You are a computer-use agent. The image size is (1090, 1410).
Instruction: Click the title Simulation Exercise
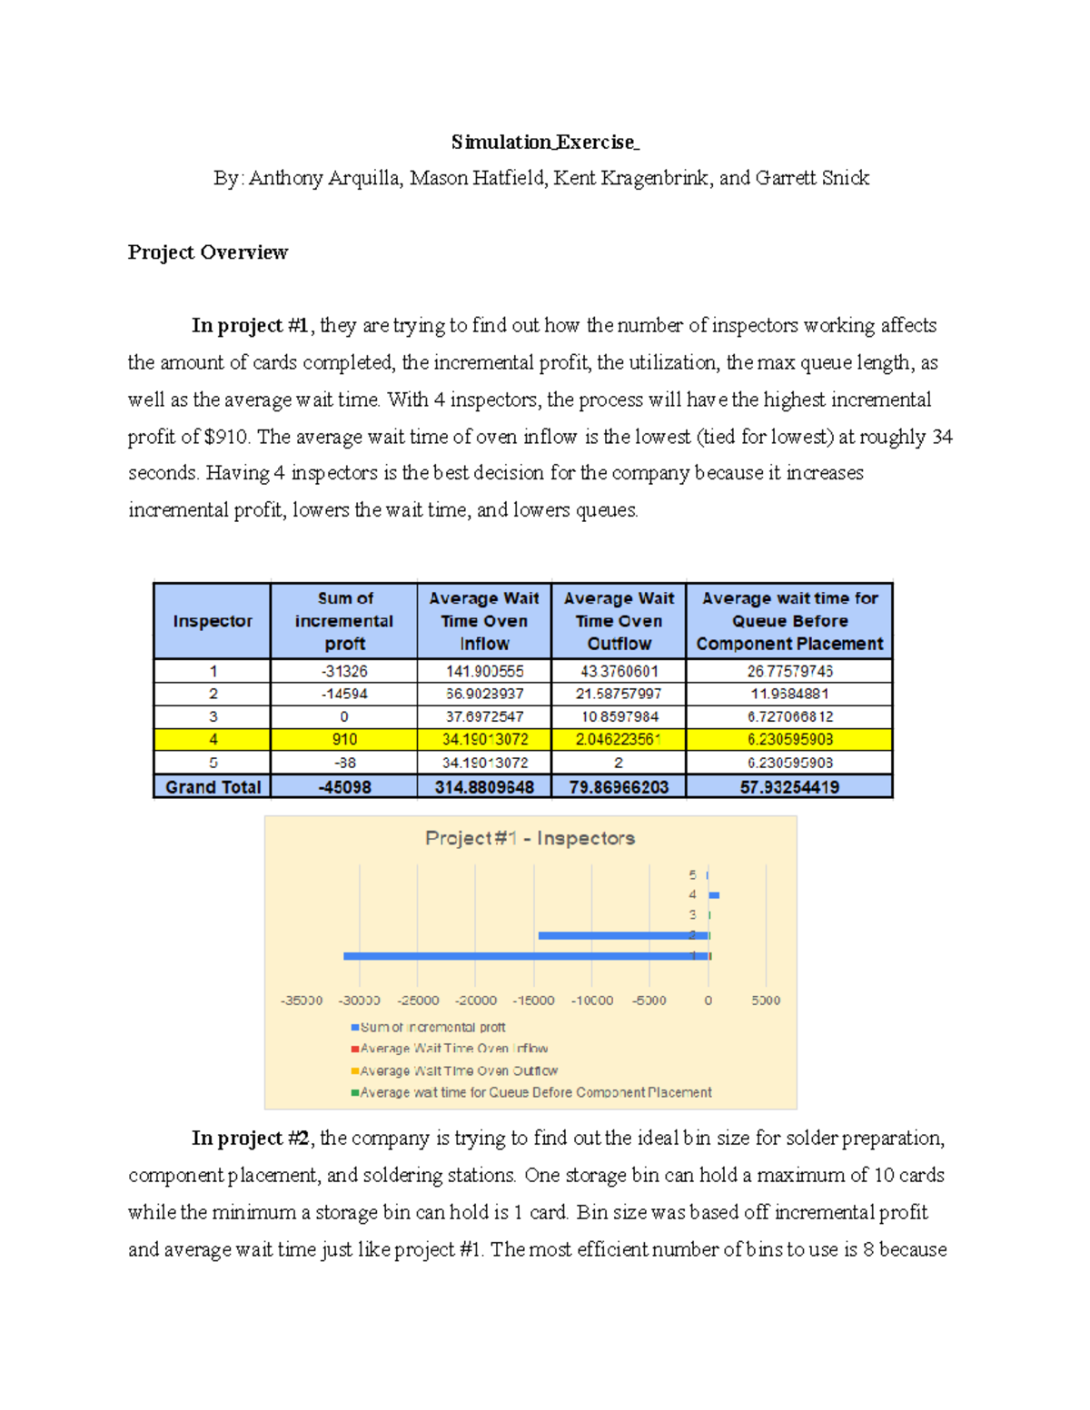point(545,142)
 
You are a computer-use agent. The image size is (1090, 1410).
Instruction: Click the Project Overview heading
point(207,252)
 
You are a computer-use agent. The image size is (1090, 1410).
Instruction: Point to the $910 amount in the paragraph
point(227,437)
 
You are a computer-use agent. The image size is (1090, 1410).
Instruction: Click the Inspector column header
point(213,621)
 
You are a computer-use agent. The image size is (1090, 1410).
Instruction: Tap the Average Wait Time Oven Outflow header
point(619,621)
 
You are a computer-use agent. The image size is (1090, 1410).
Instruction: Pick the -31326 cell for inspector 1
point(344,671)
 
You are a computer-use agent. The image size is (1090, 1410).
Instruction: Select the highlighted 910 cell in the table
point(344,740)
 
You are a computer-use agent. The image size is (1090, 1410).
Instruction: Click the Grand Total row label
point(213,787)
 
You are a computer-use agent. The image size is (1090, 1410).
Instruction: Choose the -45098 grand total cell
point(344,787)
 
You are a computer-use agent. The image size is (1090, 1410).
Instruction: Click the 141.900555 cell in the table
point(484,671)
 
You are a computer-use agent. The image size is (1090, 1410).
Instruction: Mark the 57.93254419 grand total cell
point(789,787)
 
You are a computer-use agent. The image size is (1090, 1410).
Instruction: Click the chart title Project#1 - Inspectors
point(530,838)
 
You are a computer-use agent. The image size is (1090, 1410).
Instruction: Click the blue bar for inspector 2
point(623,935)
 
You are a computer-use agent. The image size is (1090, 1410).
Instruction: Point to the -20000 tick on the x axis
point(476,1001)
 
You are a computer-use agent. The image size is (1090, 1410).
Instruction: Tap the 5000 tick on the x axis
point(766,1001)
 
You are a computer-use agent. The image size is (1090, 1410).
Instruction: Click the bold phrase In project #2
point(251,1139)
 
